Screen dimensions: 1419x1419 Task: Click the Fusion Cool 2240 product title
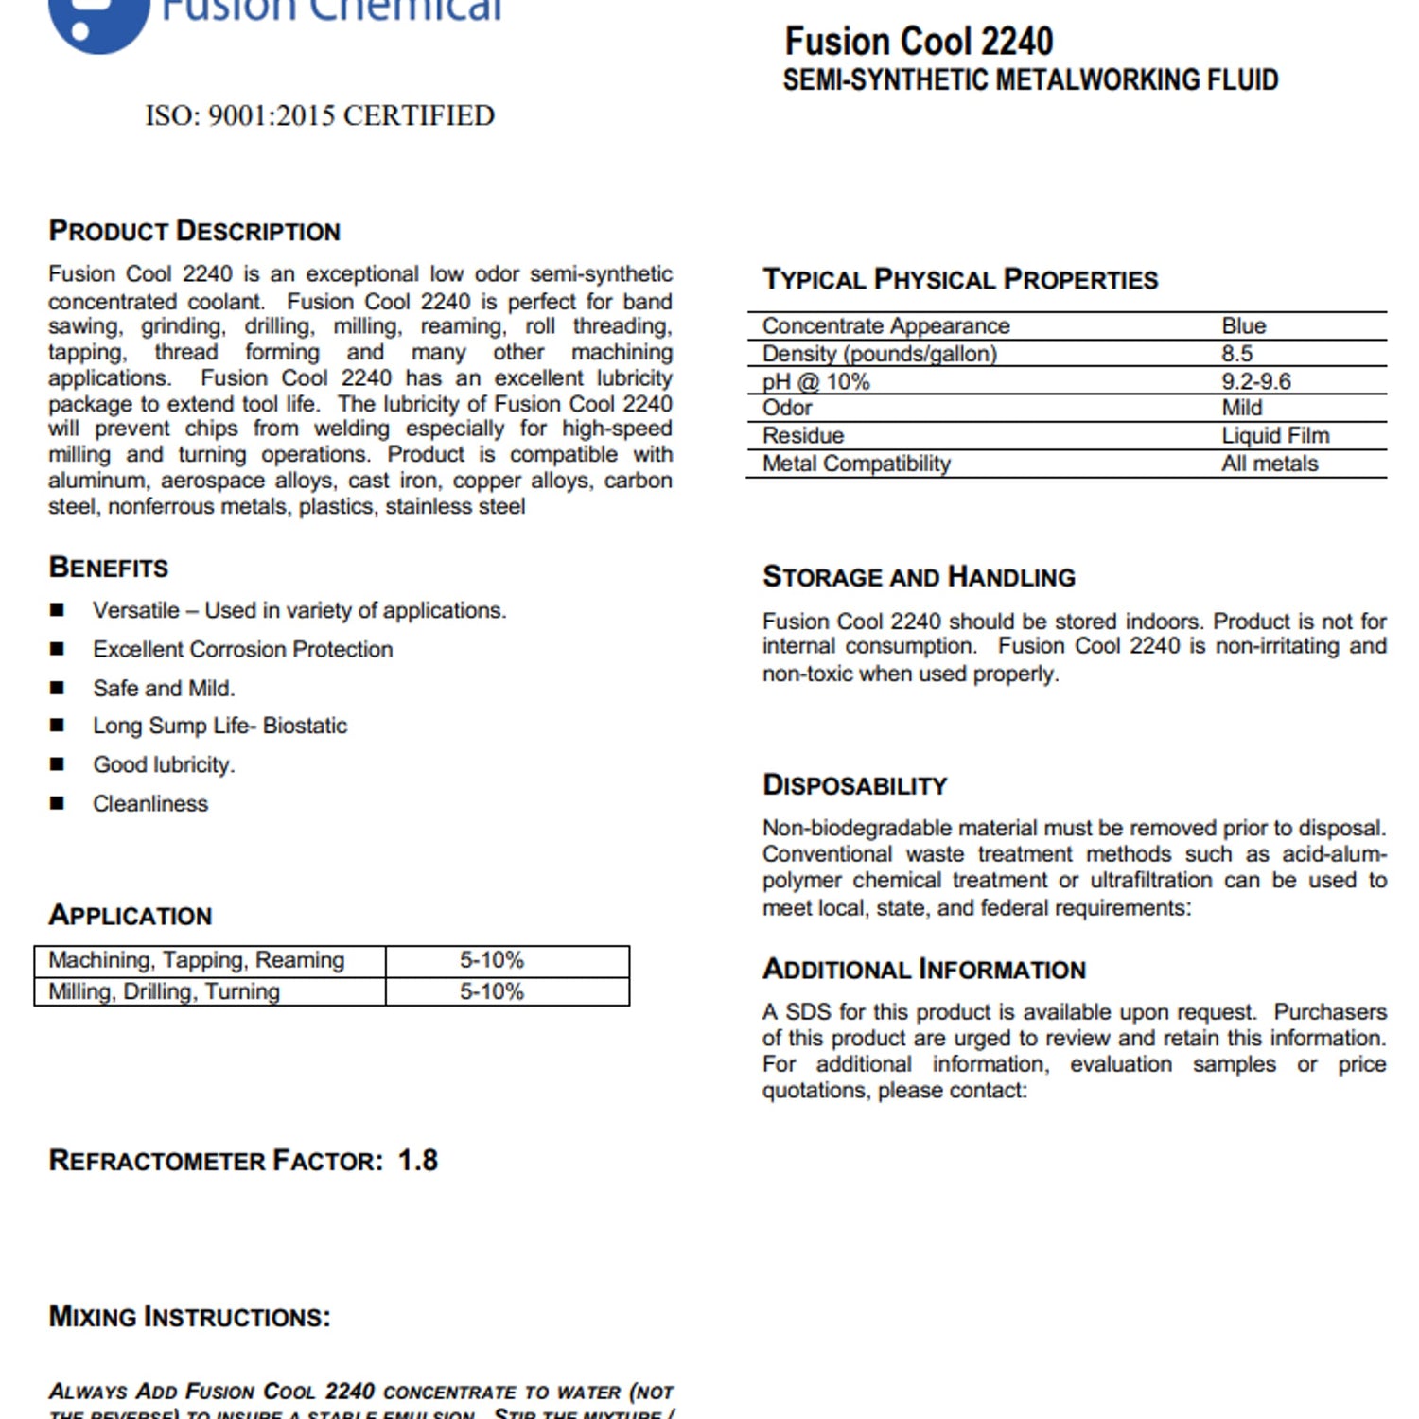(919, 42)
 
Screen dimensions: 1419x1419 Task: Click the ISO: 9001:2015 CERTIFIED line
(320, 115)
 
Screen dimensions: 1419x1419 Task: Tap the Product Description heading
(195, 232)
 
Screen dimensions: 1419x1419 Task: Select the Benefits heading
(109, 568)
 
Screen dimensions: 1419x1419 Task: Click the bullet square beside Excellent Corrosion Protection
(58, 649)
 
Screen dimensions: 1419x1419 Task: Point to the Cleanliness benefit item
(150, 803)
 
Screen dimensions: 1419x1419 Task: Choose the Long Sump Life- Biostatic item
(219, 726)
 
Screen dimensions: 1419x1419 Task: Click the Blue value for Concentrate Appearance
(1243, 326)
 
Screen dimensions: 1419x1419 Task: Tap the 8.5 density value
(1236, 354)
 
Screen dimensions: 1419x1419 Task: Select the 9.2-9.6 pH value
(1255, 381)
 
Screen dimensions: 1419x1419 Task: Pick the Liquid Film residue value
(1275, 435)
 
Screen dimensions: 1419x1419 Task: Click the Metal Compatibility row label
(856, 464)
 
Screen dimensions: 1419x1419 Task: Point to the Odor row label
(787, 408)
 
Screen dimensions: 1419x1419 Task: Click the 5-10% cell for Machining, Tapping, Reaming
(492, 960)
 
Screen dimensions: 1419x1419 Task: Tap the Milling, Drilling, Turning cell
(165, 991)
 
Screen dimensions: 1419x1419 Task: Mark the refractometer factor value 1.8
(417, 1161)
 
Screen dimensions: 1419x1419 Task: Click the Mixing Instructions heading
(190, 1317)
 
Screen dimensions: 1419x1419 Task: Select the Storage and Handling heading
(919, 577)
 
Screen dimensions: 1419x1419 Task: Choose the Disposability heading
(854, 785)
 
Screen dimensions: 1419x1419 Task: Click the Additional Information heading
(924, 970)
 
